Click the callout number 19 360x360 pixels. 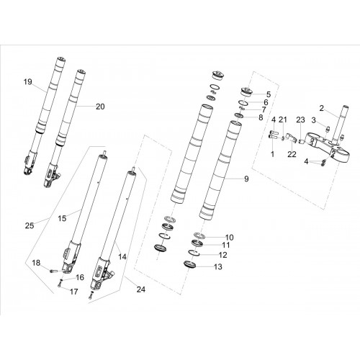coord(28,82)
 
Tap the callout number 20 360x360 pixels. coord(100,107)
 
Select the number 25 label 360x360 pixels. coord(30,225)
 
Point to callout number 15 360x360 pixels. coord(62,218)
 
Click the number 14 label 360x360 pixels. coord(122,257)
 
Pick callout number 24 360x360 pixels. coord(141,289)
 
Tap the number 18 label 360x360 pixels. coord(36,263)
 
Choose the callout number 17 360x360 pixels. coord(74,292)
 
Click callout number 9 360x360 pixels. coord(246,179)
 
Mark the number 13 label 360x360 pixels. coord(218,266)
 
